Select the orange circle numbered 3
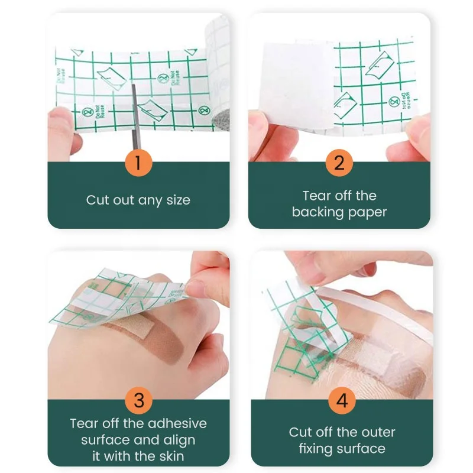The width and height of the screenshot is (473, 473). click(x=138, y=400)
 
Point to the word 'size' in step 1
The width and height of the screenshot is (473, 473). click(x=177, y=200)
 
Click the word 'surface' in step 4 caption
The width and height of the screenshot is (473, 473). click(x=363, y=448)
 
